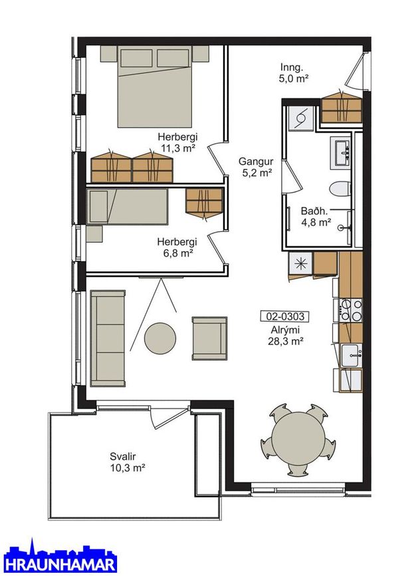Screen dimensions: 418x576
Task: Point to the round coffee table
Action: tap(159, 338)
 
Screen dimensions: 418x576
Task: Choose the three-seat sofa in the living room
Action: tap(108, 338)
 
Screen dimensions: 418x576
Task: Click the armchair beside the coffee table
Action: tap(209, 338)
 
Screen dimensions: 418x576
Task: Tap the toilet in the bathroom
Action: tap(340, 189)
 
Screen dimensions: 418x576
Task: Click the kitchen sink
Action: tap(352, 355)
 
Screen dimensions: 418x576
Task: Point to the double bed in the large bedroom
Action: tap(155, 86)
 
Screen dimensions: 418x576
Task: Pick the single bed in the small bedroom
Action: tap(127, 206)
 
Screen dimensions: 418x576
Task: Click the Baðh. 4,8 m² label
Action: tap(316, 217)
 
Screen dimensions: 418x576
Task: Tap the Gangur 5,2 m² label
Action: tap(256, 167)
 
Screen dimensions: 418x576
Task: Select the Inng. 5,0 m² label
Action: tap(293, 72)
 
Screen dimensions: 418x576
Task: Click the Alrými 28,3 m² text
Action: tap(285, 336)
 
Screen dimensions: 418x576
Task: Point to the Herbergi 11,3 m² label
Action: tap(177, 142)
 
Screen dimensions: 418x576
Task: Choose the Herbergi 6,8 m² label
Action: tap(177, 247)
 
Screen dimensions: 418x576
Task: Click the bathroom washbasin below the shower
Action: tap(341, 152)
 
